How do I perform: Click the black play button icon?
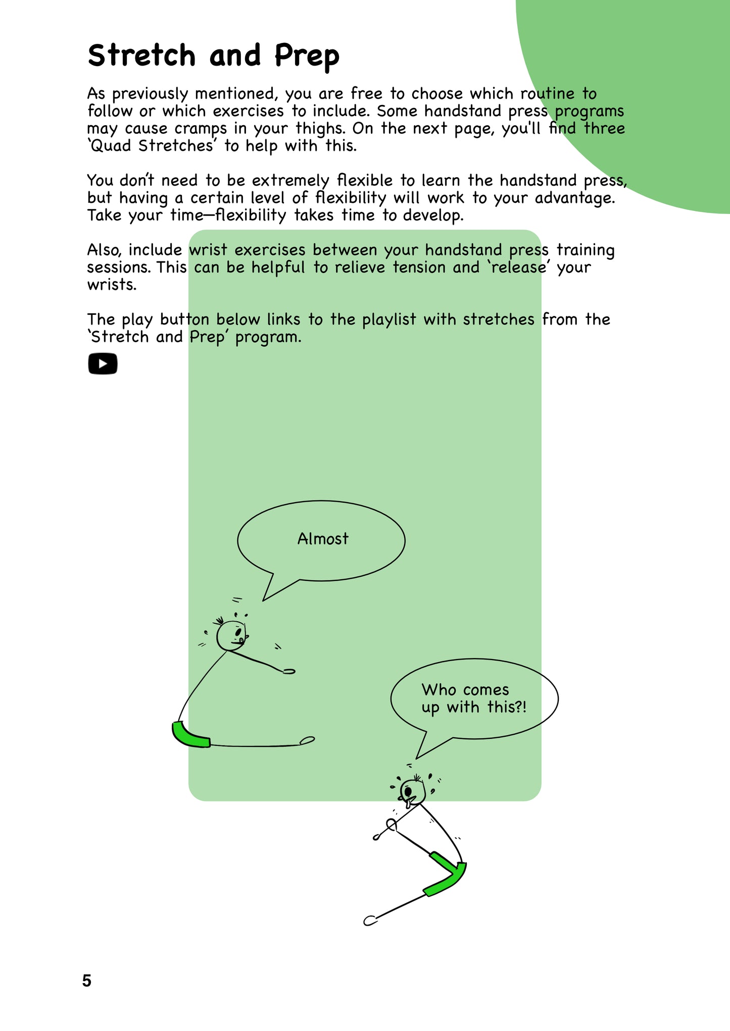103,363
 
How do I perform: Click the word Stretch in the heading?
141,56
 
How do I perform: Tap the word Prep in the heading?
307,57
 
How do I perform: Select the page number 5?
87,981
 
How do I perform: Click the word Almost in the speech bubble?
323,539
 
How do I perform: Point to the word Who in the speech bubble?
439,690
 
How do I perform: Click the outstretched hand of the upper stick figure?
289,671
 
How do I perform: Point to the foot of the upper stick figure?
307,740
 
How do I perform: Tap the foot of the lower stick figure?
370,920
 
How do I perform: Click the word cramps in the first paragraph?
201,129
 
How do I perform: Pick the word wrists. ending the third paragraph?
112,285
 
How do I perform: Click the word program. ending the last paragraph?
268,337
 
